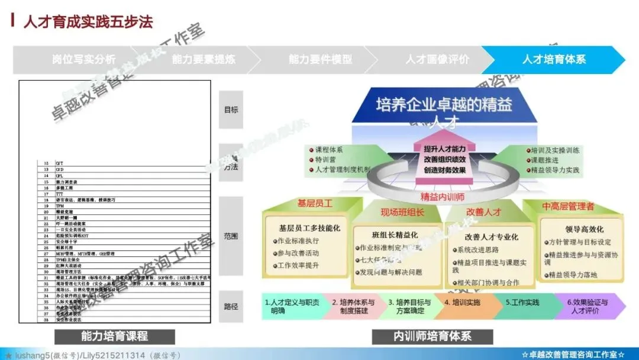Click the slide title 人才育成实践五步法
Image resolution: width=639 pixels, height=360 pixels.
click(x=88, y=22)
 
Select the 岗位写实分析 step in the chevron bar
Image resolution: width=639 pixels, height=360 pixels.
click(x=83, y=60)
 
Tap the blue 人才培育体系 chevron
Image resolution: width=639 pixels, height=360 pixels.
click(x=554, y=60)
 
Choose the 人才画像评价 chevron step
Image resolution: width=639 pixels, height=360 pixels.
click(x=437, y=60)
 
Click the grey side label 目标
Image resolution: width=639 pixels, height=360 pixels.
click(x=231, y=110)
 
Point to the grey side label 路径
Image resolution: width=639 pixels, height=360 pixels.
click(x=231, y=306)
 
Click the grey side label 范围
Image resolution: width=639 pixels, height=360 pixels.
click(x=231, y=236)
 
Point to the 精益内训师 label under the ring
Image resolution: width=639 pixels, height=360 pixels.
click(x=442, y=196)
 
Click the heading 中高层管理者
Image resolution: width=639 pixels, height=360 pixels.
click(x=568, y=207)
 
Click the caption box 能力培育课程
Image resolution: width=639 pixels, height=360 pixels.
click(x=114, y=336)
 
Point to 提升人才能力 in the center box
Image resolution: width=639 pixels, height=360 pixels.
click(x=444, y=148)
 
